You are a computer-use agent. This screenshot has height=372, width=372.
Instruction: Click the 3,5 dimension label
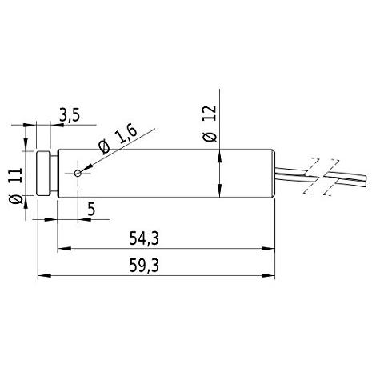click(x=70, y=115)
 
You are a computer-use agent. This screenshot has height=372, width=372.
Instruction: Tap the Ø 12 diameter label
click(x=210, y=124)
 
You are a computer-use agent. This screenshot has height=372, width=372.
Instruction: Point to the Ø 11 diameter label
click(x=16, y=186)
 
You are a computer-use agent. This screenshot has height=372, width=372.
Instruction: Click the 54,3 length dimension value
click(x=144, y=238)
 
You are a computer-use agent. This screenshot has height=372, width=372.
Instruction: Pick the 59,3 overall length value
click(x=144, y=266)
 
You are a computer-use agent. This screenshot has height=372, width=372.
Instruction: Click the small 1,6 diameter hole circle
click(x=78, y=174)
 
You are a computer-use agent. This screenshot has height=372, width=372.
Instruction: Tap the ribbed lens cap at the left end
click(x=43, y=174)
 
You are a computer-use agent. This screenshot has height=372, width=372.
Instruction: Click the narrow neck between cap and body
click(x=54, y=174)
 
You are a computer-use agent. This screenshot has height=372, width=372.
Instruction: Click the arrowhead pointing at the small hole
click(x=86, y=169)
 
